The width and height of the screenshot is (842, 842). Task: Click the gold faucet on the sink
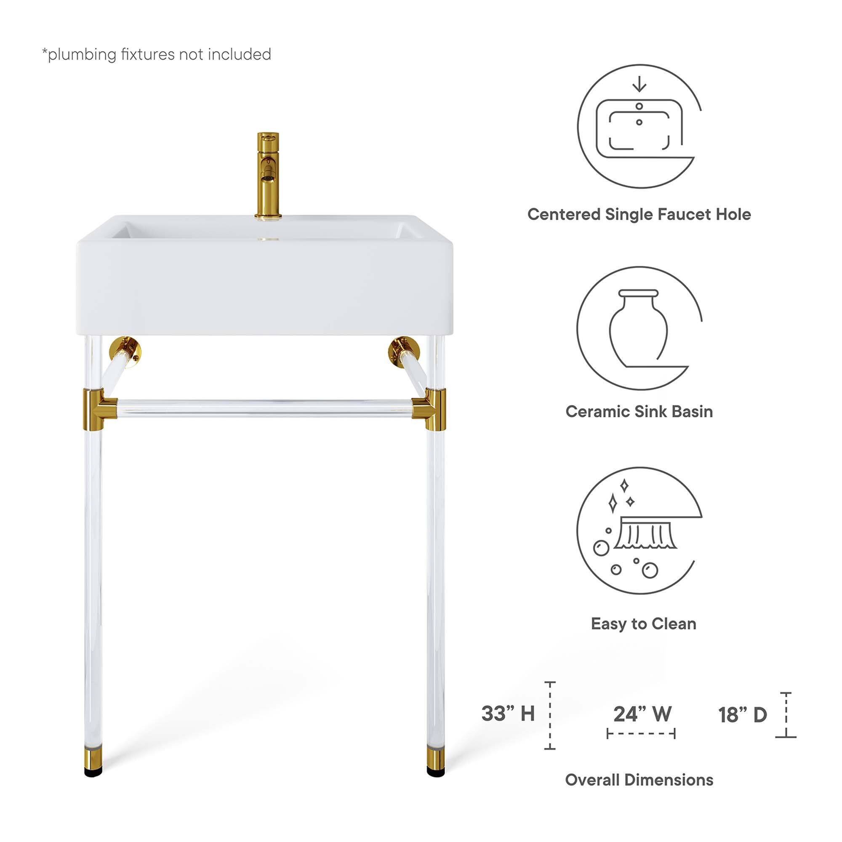click(268, 174)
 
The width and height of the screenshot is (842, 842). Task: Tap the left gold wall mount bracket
click(125, 348)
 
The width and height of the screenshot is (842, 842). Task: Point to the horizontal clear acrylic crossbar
click(264, 408)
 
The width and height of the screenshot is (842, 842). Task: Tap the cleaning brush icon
click(645, 533)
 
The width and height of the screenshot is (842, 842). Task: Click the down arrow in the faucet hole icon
click(639, 84)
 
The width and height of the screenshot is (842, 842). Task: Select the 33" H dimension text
click(508, 714)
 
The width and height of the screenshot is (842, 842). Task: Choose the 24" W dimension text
click(642, 714)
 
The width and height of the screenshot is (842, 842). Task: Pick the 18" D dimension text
click(742, 715)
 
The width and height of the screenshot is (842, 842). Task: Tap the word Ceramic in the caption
click(595, 411)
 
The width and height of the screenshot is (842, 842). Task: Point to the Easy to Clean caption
click(643, 624)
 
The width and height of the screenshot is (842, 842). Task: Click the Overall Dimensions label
click(639, 780)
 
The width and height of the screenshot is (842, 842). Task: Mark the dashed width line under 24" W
click(641, 733)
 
